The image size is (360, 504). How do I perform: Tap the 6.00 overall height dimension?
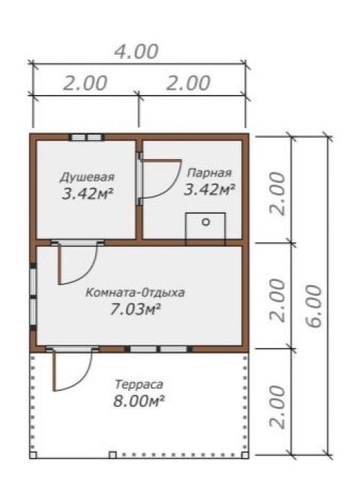point(314,296)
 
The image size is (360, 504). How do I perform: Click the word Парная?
point(209,173)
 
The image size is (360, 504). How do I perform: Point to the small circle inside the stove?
point(206,222)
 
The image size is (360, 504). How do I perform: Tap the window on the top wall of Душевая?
point(86,138)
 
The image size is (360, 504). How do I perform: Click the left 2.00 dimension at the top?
point(85,83)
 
